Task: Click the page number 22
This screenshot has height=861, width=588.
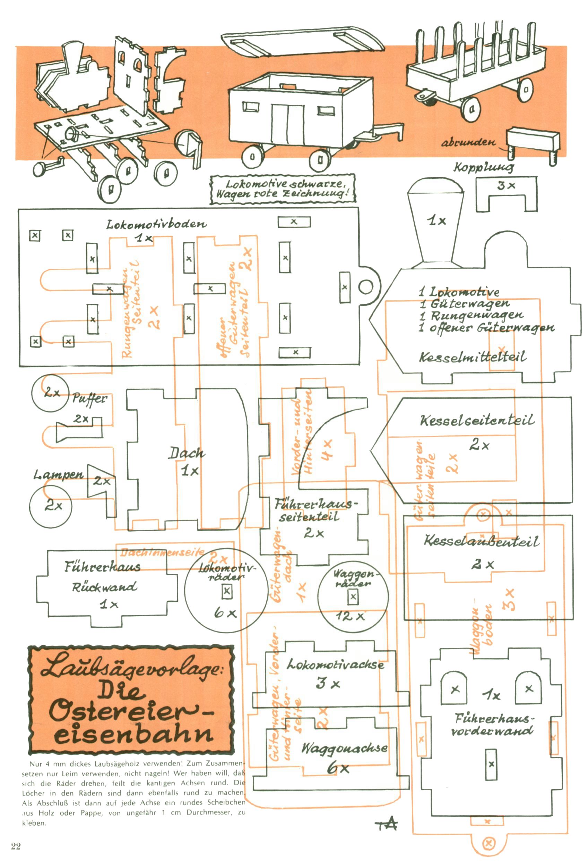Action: pos(16,846)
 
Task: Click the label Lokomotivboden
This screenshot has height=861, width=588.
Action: pos(156,224)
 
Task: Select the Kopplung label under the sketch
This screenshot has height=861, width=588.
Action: pos(484,167)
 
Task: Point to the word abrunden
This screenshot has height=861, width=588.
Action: pos(468,142)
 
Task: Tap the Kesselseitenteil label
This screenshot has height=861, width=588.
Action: pos(477,420)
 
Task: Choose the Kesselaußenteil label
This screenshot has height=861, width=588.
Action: pos(481,541)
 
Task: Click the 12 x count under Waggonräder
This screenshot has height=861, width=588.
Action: pos(350,616)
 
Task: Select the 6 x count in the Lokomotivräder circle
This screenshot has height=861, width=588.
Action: pos(225,613)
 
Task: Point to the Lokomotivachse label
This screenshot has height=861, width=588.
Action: pos(335,664)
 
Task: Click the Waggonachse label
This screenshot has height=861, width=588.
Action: pos(344,748)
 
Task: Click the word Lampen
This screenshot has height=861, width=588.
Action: pos(59,475)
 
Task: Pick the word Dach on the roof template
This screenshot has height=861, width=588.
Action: pos(187,453)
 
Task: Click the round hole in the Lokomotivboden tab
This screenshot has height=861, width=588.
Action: pos(366,287)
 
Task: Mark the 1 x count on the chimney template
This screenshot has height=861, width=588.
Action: pos(437,221)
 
